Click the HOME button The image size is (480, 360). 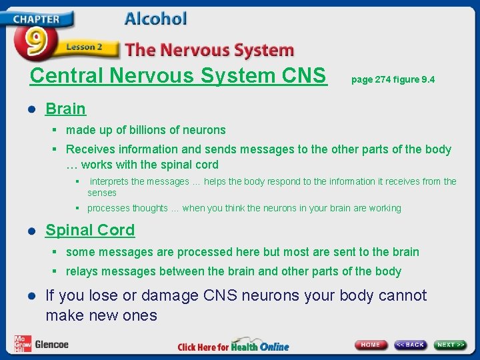tap(371, 345)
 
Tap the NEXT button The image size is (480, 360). tap(451, 345)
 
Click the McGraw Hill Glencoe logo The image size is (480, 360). tap(41, 343)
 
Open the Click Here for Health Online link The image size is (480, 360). tap(233, 345)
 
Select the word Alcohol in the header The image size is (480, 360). tap(155, 19)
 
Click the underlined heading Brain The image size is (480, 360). tap(65, 109)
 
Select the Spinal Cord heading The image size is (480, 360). tap(90, 230)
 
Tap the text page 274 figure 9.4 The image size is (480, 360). tap(393, 79)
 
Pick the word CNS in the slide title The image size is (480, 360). tap(305, 75)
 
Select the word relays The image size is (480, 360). tap(81, 271)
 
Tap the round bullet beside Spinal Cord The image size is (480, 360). tap(31, 231)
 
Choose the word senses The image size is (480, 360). tap(102, 193)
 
